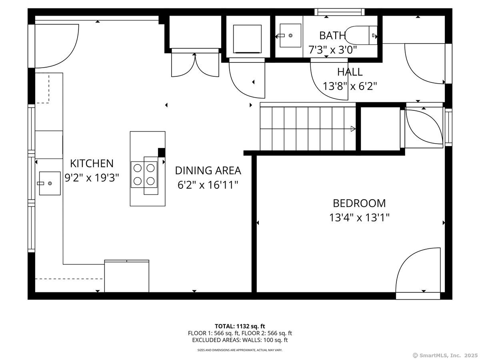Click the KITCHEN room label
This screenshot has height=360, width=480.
coord(92,163)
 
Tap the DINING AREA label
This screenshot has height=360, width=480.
coord(208,170)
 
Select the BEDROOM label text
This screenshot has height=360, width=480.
coord(359,203)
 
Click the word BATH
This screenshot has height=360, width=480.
coord(332,36)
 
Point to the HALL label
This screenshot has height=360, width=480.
coord(350,72)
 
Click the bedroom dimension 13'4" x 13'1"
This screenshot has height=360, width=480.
coord(359,218)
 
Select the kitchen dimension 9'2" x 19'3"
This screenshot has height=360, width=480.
coord(92,177)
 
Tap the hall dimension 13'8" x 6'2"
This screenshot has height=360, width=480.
coord(350,86)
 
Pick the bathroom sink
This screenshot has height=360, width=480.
coord(290,35)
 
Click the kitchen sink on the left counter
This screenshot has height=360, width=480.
coord(50,183)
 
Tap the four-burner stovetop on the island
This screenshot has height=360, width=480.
coord(144,174)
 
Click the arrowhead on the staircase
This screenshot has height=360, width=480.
coord(353,129)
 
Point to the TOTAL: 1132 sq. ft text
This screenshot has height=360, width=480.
coord(240,326)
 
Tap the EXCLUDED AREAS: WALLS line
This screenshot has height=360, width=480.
coord(240,340)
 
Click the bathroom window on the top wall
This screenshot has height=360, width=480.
coord(339,12)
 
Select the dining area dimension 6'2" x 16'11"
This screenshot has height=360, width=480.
coord(208,185)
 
